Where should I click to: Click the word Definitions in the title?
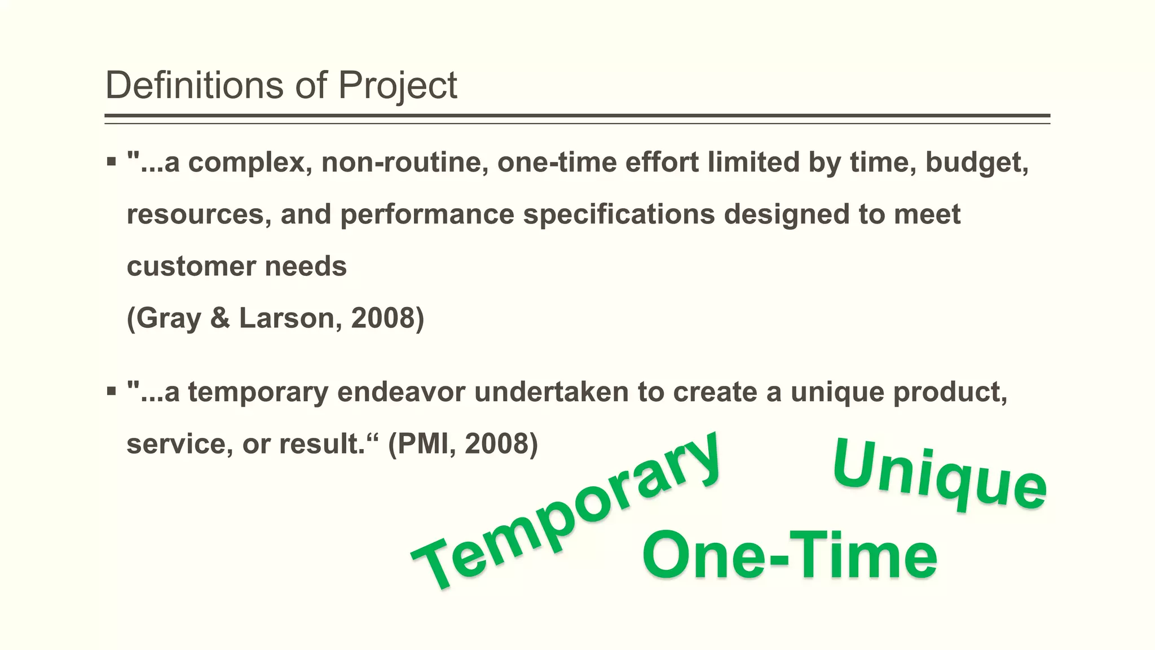(x=195, y=86)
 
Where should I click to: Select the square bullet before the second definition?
(x=111, y=391)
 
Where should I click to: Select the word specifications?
(x=619, y=215)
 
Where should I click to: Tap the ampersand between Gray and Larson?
(x=220, y=318)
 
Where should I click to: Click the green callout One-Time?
(x=790, y=556)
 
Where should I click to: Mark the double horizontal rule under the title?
(x=577, y=118)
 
